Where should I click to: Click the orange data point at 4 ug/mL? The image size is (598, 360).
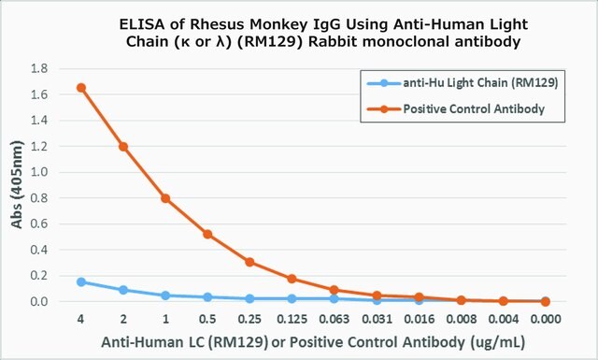coord(81,88)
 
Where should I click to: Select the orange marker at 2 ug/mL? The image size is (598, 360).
coord(123,147)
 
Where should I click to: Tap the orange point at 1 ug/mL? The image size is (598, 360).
coord(165,198)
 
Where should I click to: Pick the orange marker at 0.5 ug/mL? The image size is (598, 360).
coord(207,235)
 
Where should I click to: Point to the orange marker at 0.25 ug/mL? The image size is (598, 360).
coord(249,262)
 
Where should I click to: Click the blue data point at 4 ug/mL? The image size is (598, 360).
coord(81,282)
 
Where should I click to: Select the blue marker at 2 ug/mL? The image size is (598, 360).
coord(123,290)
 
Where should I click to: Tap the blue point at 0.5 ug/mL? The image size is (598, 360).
coord(207,297)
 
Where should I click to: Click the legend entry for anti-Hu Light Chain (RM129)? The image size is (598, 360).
coord(463,83)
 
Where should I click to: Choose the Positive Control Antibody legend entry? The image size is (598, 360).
coord(456,109)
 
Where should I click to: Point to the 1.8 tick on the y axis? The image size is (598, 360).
coord(39,68)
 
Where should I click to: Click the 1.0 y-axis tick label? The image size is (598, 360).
coord(39,172)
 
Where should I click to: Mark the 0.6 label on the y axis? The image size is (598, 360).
coord(39,223)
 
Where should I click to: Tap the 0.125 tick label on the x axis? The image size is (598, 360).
coord(292,319)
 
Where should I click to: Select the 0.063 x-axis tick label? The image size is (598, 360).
coord(335,319)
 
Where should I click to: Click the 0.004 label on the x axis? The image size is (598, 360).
coord(504,319)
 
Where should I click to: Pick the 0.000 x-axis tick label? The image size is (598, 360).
coord(546,319)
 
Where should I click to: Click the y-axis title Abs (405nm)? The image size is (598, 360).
coord(17,185)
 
